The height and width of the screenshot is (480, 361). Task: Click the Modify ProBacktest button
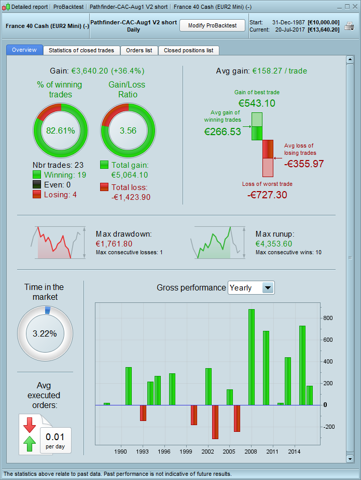click(x=212, y=25)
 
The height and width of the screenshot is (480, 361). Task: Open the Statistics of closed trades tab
click(x=82, y=50)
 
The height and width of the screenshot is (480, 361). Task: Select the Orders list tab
click(x=139, y=50)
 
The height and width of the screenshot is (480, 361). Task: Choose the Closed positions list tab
click(x=188, y=50)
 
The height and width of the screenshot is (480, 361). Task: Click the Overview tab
click(x=24, y=50)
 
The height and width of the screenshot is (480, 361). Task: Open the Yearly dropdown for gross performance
click(x=268, y=288)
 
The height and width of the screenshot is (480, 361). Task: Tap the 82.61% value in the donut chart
click(x=61, y=130)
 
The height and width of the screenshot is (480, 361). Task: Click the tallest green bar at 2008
click(x=252, y=357)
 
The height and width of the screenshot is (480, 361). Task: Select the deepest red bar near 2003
click(x=215, y=421)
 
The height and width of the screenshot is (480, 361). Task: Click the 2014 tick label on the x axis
click(x=295, y=452)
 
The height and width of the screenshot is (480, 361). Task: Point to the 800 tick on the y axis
click(x=328, y=318)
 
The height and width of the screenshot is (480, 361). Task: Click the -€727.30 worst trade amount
click(x=267, y=195)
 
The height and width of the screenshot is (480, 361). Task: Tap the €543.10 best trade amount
click(x=257, y=103)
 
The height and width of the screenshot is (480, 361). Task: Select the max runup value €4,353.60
click(x=273, y=244)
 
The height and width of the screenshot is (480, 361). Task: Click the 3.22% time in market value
click(x=45, y=333)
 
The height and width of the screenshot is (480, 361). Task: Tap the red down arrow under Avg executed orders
click(x=30, y=424)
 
